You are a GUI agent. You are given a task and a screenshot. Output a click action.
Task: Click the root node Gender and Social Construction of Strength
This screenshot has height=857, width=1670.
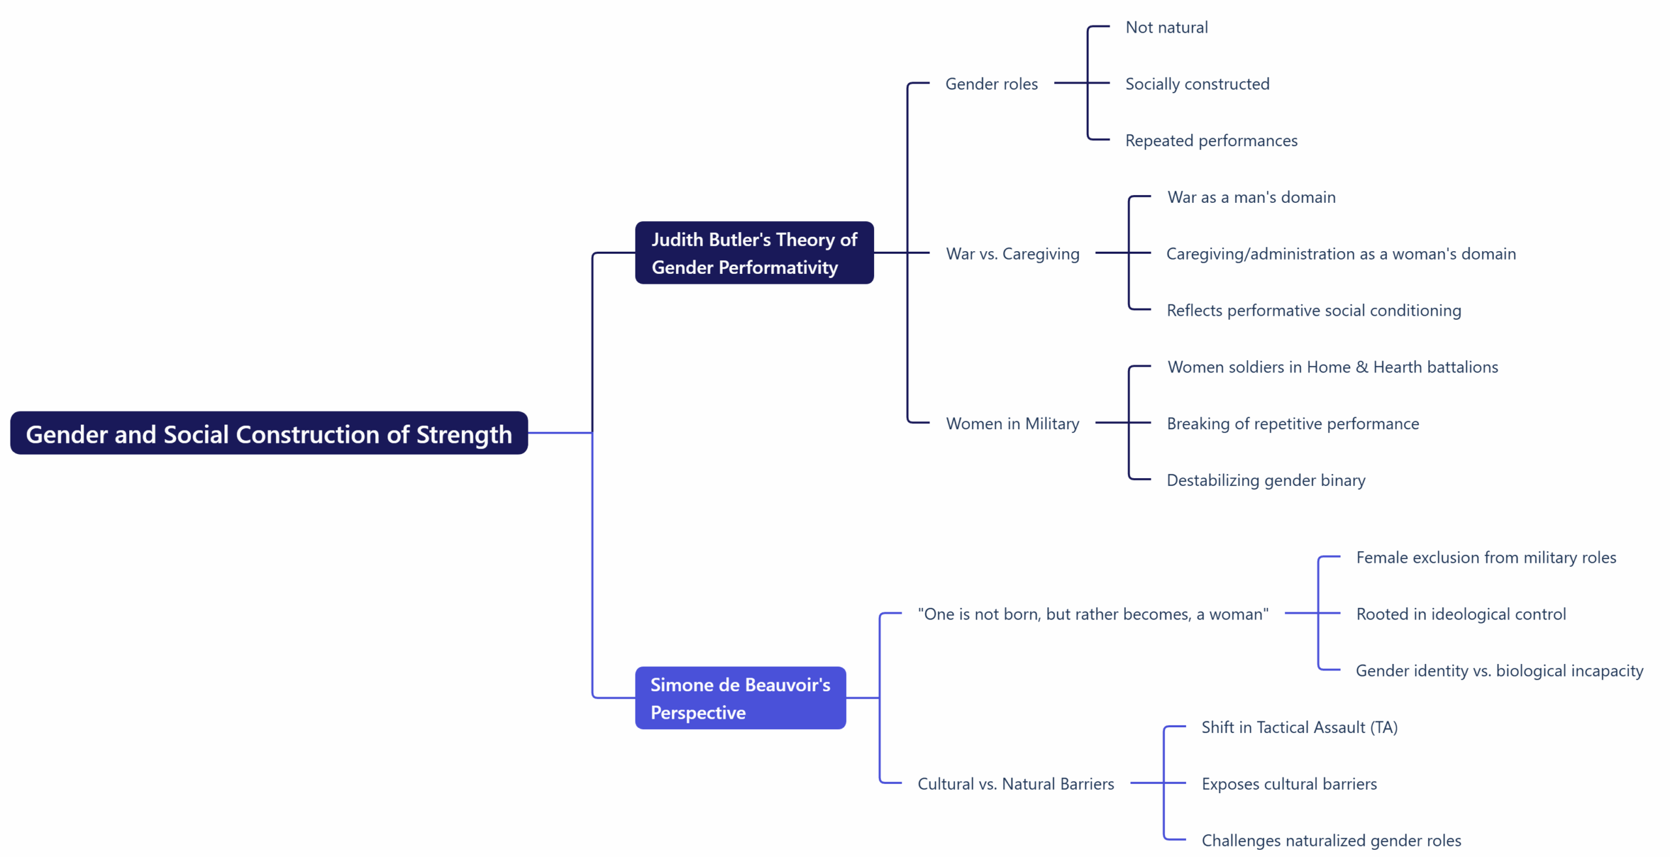(x=269, y=433)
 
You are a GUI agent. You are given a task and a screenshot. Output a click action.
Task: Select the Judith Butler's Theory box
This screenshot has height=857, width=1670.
(x=754, y=253)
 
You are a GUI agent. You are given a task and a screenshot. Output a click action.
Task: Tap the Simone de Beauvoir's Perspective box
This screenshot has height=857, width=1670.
(x=740, y=698)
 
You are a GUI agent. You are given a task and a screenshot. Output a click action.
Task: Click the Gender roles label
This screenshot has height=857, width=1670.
(x=991, y=84)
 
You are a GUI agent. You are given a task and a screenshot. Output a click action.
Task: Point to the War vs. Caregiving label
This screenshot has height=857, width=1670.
(x=1012, y=254)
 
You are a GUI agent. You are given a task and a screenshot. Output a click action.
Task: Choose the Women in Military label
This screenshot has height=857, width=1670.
(x=1012, y=423)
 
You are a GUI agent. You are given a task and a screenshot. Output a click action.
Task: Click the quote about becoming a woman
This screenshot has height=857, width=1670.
(x=1093, y=614)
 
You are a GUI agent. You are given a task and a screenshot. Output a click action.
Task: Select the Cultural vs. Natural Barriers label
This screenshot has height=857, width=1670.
(x=1016, y=783)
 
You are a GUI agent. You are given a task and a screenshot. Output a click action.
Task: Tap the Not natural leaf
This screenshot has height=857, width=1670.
(x=1166, y=27)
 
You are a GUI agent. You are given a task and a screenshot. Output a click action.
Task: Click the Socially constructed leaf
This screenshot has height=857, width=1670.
(x=1197, y=84)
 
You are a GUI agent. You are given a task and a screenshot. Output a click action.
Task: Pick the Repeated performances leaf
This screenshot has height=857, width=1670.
(x=1211, y=140)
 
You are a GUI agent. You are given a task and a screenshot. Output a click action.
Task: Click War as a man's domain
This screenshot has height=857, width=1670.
(x=1251, y=197)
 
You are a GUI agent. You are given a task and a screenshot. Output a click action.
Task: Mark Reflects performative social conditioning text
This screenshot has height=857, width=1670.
(x=1313, y=310)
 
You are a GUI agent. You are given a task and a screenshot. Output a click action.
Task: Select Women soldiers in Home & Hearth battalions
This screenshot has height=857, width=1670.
(x=1332, y=367)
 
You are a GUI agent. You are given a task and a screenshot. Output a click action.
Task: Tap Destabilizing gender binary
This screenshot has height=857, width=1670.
(x=1266, y=480)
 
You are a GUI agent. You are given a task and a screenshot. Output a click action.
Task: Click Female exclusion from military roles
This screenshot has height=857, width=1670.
(x=1486, y=558)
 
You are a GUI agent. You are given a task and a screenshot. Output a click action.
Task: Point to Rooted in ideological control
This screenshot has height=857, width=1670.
(x=1461, y=614)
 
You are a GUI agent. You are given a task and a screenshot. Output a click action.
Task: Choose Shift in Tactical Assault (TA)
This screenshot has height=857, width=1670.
(x=1299, y=727)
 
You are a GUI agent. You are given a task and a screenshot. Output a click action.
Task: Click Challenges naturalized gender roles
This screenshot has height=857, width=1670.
(x=1331, y=840)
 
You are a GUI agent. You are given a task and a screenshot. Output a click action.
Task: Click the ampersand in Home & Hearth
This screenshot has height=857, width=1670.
(x=1362, y=367)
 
